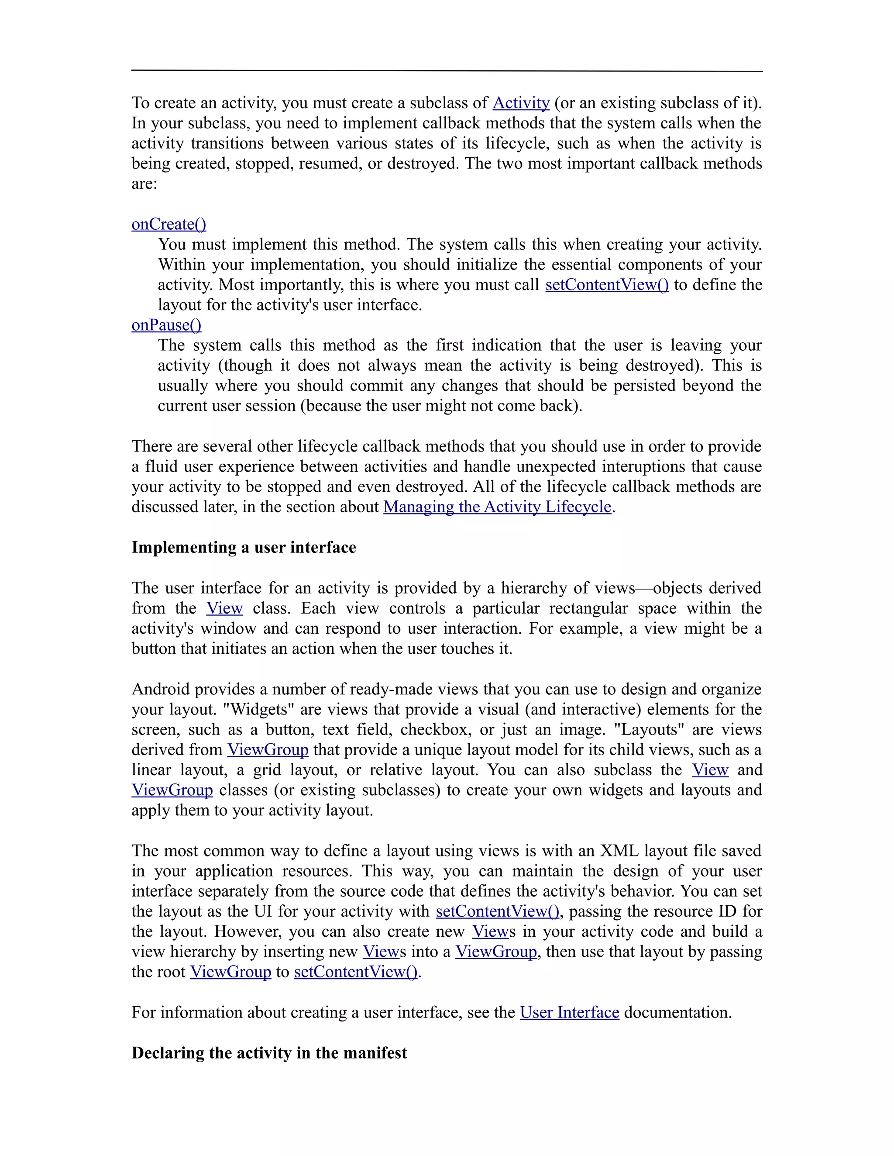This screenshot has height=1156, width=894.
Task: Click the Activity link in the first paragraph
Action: point(521,103)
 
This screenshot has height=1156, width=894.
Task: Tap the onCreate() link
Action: point(169,224)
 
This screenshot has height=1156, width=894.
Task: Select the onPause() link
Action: point(166,325)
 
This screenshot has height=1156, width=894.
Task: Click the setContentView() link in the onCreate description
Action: point(607,285)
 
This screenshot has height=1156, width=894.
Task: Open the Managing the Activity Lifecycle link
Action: point(497,507)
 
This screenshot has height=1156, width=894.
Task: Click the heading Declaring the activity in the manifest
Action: point(269,1053)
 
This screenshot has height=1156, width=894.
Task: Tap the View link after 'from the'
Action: point(224,608)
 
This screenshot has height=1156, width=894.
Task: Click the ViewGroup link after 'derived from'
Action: point(268,750)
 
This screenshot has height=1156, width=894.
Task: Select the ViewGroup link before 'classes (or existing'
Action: point(172,790)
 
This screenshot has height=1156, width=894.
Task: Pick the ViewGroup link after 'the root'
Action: point(230,972)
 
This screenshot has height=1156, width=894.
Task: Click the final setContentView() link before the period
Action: point(355,972)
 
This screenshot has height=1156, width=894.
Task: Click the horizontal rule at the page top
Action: point(447,70)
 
